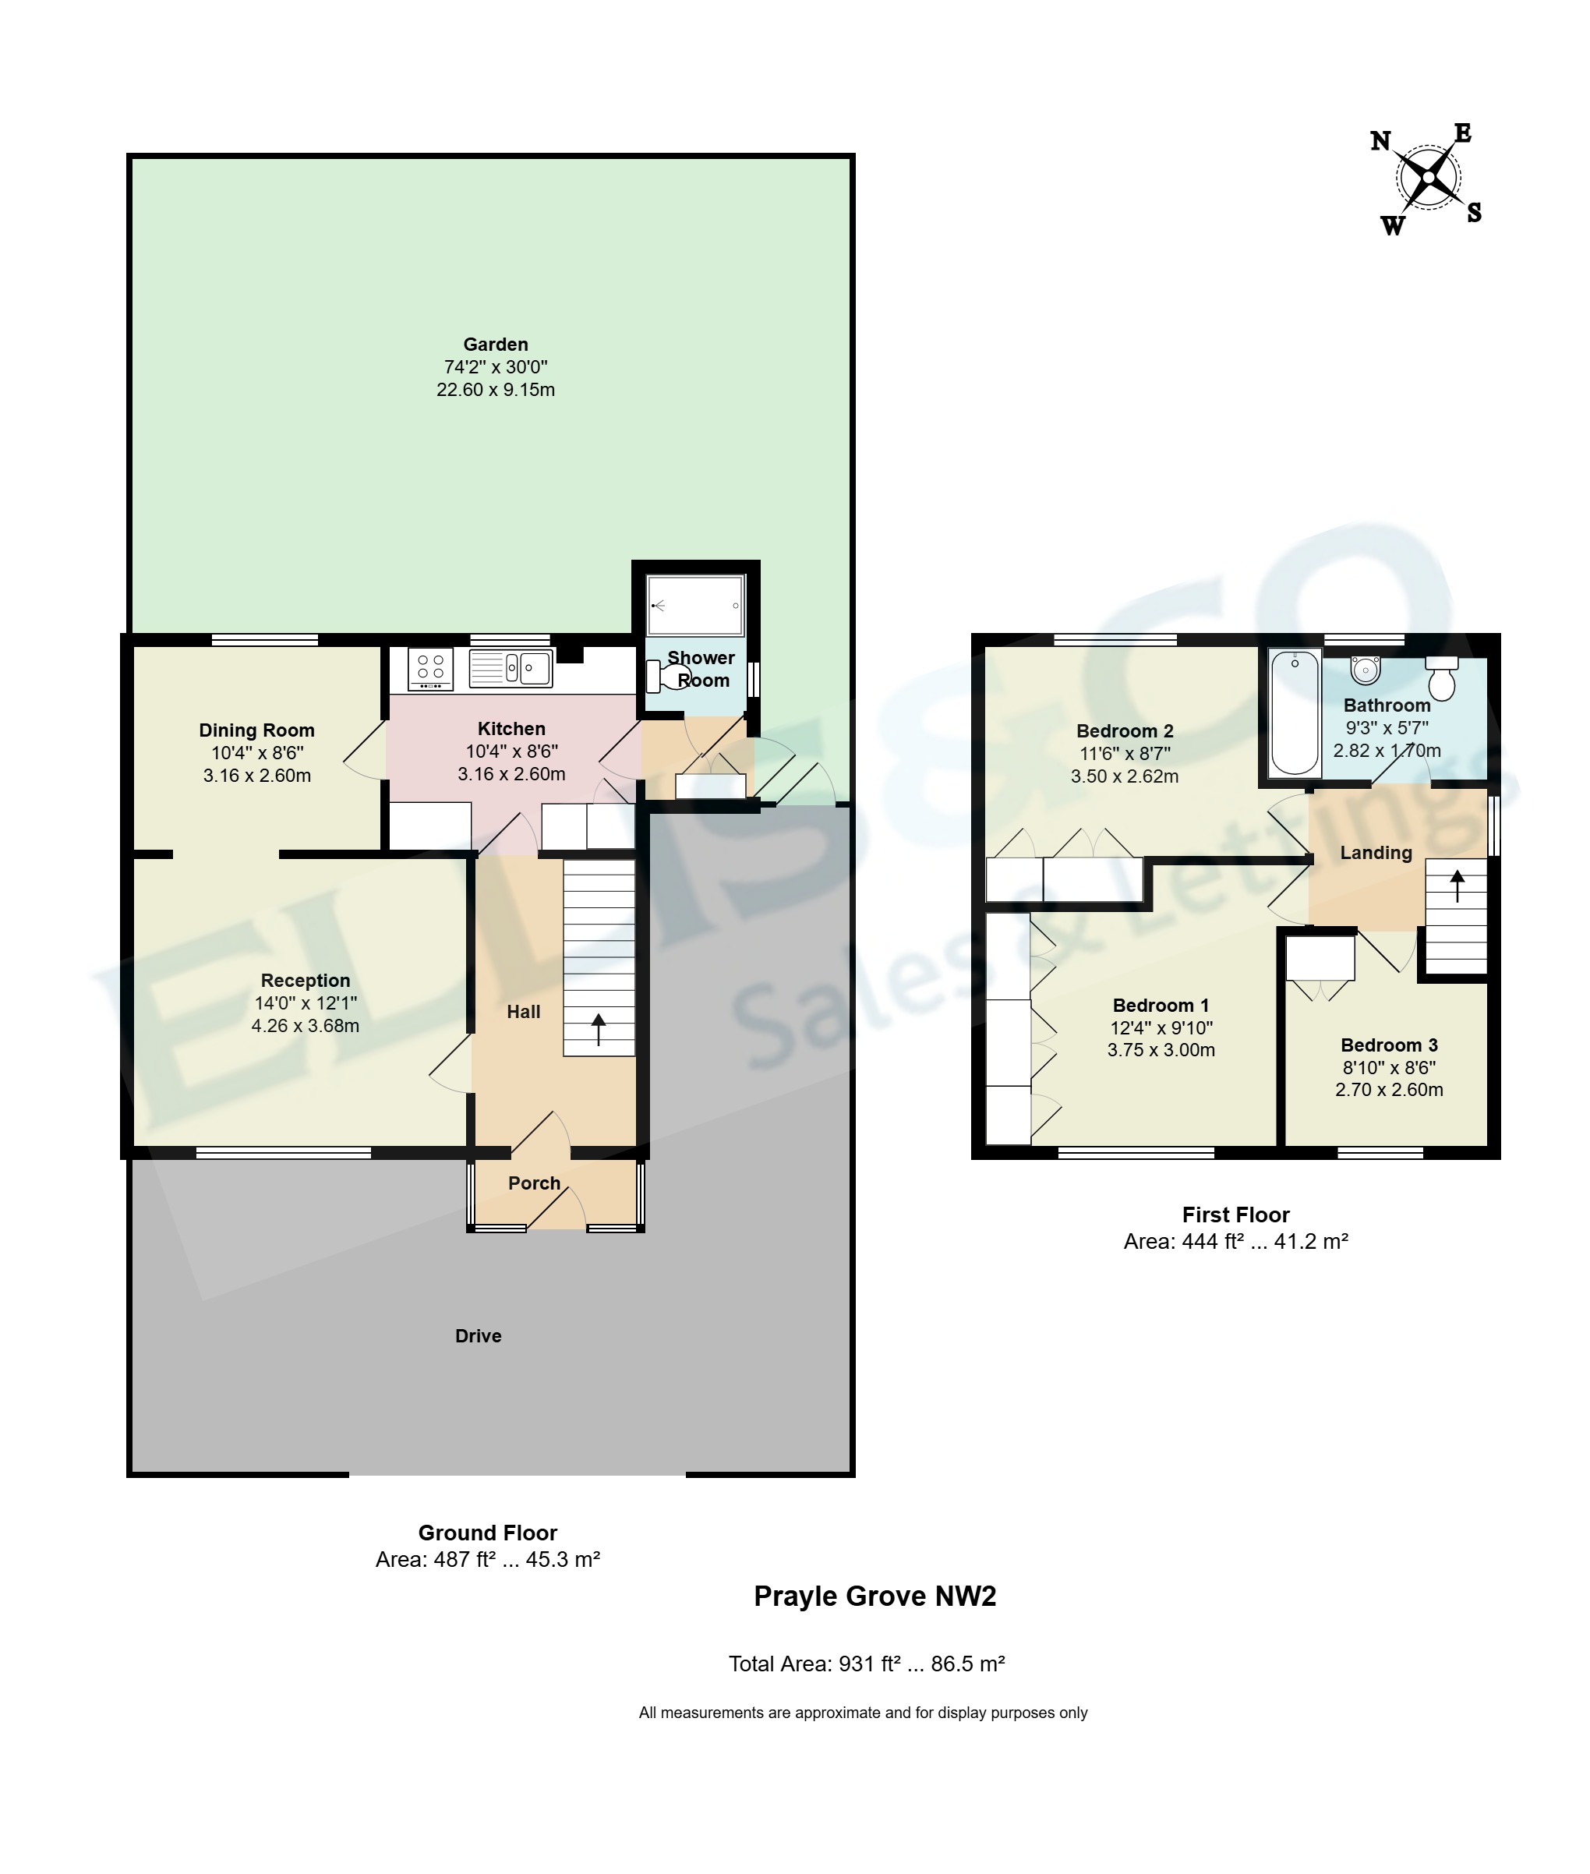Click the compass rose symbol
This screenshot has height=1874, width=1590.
coord(1429,179)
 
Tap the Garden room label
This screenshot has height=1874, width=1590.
coord(496,345)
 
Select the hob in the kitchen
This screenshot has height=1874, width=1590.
coord(431,670)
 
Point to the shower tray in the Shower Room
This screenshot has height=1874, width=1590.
coord(696,606)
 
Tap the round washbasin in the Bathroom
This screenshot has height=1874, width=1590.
coord(1366,670)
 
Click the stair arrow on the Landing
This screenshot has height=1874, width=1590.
coord(1457,886)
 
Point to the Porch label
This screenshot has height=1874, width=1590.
coord(535,1183)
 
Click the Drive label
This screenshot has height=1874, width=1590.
coord(478,1336)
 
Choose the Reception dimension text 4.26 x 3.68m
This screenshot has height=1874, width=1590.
coord(306,1026)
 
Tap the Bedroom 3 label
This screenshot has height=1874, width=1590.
coord(1389,1045)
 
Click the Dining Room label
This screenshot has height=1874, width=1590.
coord(257,730)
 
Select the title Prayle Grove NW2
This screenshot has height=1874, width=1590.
coord(875,1596)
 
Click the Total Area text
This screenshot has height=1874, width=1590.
coord(867,1664)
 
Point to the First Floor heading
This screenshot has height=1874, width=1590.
coord(1236,1215)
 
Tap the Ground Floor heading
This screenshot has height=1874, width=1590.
coord(488,1533)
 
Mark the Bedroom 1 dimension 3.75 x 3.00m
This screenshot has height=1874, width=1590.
coord(1161,1050)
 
